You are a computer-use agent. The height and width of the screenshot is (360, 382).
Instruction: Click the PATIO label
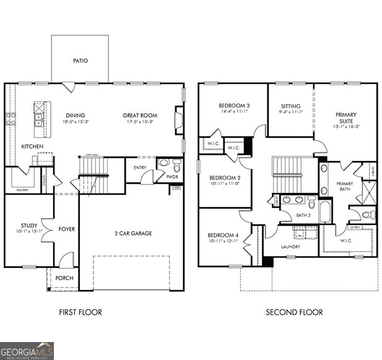pos(80,61)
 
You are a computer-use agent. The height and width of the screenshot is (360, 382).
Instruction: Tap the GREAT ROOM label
pos(139,115)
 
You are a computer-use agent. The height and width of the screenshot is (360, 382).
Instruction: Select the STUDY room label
pos(28,225)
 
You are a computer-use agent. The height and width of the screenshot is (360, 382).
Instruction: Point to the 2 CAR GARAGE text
pos(132,233)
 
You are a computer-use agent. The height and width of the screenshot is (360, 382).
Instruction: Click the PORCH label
pos(64,278)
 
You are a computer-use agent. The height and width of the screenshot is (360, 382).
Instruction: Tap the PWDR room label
pos(172,177)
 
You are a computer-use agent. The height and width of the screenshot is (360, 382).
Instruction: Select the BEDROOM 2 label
pos(224,178)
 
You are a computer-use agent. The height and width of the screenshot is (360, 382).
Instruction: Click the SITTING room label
pos(290,106)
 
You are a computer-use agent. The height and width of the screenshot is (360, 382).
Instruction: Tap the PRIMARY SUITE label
pos(346,118)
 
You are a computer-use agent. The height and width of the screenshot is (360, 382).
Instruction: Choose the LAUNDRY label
pos(290,247)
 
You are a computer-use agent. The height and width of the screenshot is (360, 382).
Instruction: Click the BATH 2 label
pos(303,215)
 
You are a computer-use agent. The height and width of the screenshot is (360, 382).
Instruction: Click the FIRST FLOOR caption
pos(80,312)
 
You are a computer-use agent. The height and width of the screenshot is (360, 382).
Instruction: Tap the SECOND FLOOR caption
pos(294,312)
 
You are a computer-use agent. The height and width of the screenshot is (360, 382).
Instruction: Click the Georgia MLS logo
pos(27,351)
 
